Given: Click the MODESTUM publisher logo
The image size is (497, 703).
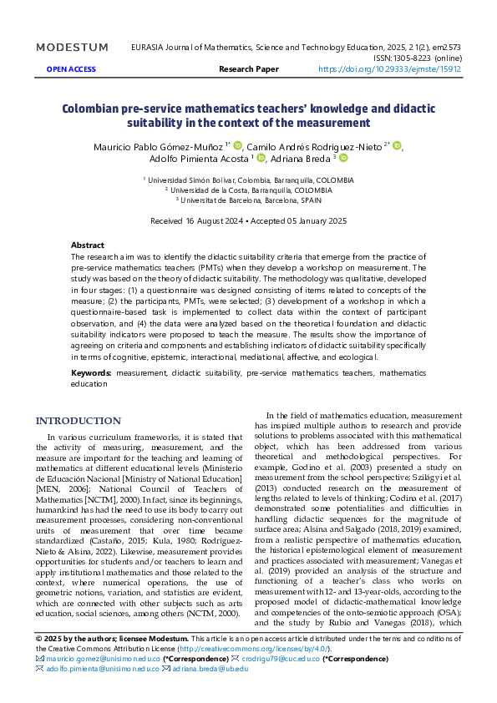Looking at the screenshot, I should pos(72,48).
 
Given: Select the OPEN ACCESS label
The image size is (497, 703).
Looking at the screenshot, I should pos(71,69).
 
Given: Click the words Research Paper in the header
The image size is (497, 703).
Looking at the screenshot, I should pos(249,69).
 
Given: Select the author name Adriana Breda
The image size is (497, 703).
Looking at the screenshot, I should pos(301,159).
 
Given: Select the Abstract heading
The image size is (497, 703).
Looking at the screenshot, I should pos(88,245).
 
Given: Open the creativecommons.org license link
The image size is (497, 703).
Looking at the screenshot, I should pos(253,649).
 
